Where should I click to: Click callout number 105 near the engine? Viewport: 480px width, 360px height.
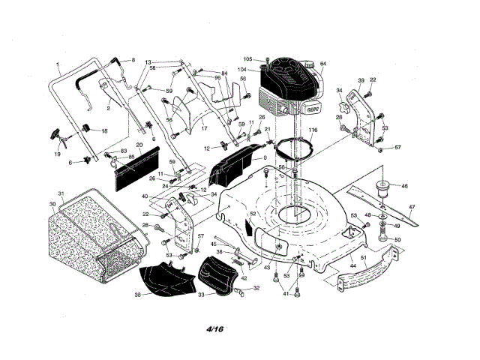tap(248, 58)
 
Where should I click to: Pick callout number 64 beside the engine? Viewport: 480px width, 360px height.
tap(323, 63)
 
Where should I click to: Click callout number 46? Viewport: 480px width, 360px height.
tap(405, 185)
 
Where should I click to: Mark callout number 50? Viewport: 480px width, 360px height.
tap(398, 239)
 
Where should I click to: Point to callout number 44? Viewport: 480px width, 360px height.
tap(352, 266)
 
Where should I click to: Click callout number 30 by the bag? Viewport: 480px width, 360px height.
tap(52, 204)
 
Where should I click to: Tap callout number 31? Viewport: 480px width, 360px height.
tap(62, 195)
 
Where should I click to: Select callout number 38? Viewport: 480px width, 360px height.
tap(137, 295)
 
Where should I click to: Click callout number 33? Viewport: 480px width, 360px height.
tap(201, 295)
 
